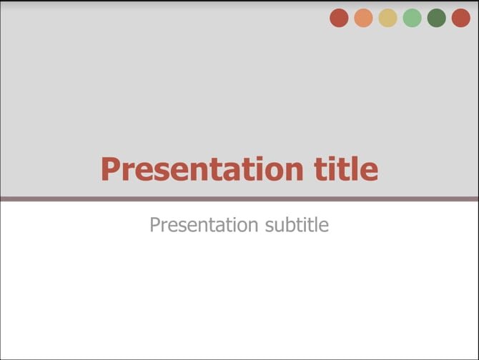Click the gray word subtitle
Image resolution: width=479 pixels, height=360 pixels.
tap(297, 226)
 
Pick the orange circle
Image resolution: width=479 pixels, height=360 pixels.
tap(363, 18)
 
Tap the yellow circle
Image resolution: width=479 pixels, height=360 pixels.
tap(387, 18)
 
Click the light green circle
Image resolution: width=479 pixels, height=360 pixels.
tap(412, 18)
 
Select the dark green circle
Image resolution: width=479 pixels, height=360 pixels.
tap(436, 18)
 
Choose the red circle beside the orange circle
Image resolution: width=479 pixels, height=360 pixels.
tap(339, 18)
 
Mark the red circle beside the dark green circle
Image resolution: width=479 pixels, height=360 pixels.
tap(461, 18)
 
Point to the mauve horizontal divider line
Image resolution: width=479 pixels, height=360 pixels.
tap(239, 199)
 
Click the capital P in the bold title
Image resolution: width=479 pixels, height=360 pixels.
tap(110, 170)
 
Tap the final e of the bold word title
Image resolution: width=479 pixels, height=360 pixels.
tap(370, 171)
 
